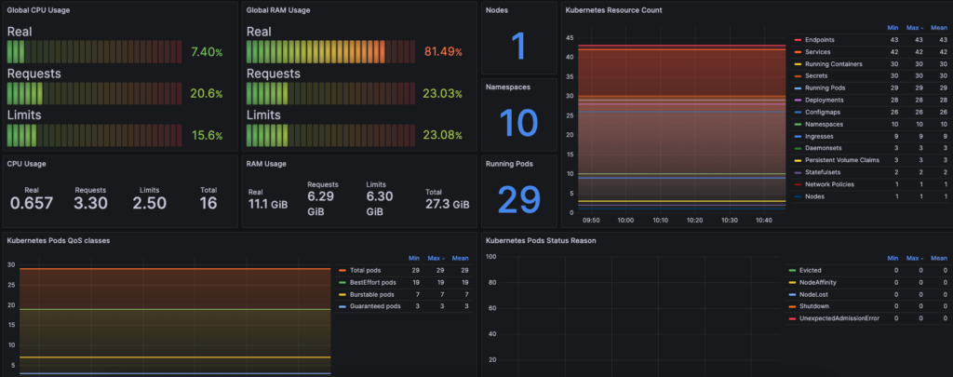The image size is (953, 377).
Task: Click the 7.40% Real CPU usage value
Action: coord(206,52)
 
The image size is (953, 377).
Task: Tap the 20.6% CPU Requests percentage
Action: coord(206,94)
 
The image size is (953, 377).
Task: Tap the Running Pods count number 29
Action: coord(519,199)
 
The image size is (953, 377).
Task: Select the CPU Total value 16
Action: coord(208,203)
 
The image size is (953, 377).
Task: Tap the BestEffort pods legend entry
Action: coord(372,281)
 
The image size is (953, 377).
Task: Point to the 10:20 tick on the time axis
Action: coord(693,221)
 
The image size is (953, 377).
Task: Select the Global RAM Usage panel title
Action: coord(278,10)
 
